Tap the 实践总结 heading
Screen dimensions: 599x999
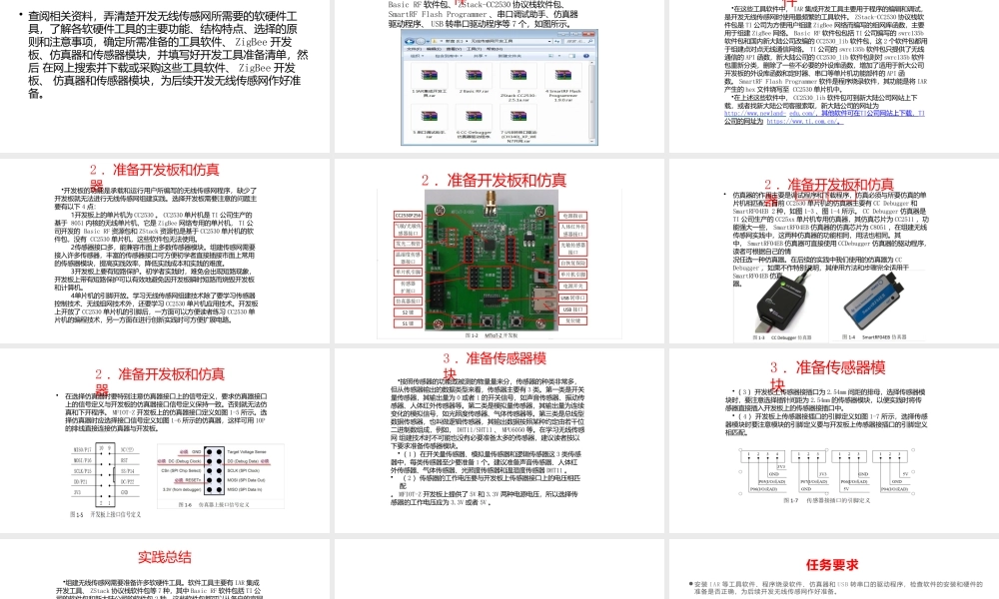point(165,557)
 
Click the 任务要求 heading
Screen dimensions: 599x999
point(832,564)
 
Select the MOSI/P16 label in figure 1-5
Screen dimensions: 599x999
point(84,479)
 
